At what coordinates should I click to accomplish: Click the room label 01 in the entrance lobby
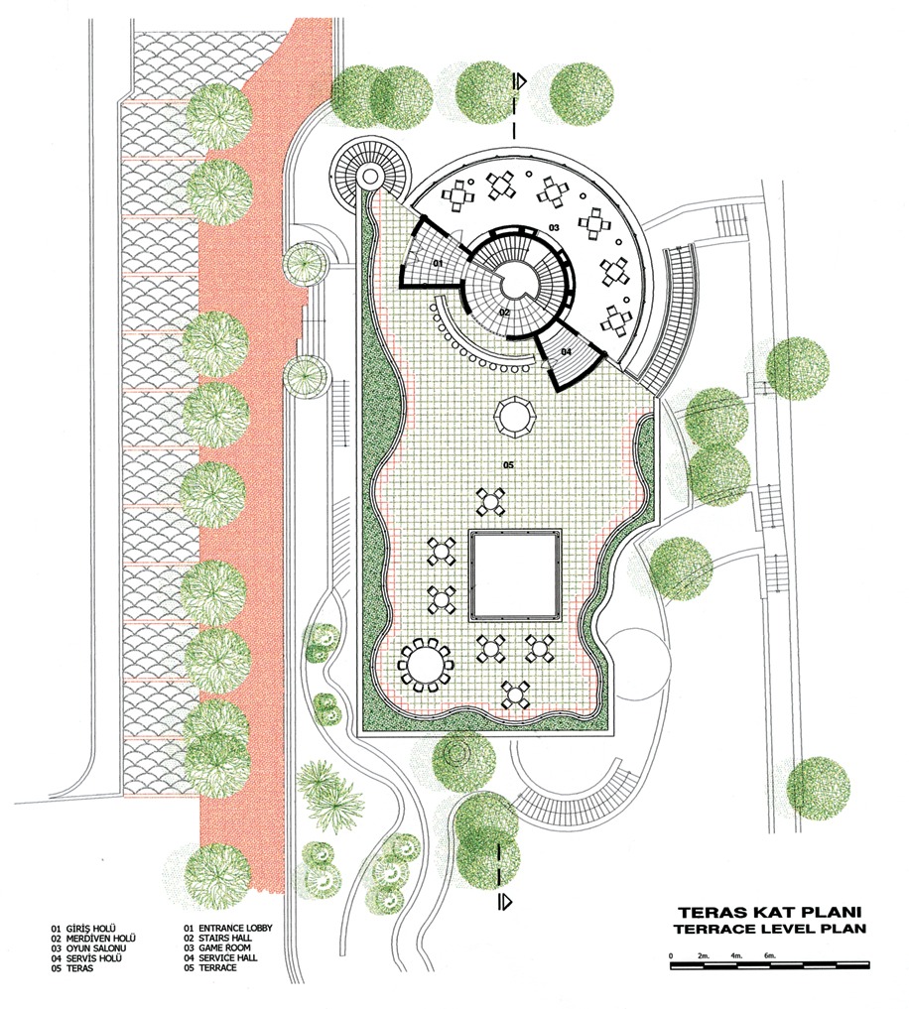(438, 264)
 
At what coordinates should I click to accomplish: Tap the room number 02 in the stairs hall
(504, 313)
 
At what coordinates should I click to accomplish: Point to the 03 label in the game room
(554, 227)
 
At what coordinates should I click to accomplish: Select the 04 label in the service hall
(566, 351)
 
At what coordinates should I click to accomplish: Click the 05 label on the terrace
(508, 464)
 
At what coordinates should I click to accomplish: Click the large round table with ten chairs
(425, 665)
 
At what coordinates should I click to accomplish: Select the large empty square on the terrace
(515, 575)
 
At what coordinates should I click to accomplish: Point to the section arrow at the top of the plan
(520, 81)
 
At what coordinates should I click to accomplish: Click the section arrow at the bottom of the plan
(505, 900)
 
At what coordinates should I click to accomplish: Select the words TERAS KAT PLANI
(769, 912)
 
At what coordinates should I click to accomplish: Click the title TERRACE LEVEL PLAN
(769, 929)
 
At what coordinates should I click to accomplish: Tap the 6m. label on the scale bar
(770, 955)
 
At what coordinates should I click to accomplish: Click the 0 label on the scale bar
(671, 955)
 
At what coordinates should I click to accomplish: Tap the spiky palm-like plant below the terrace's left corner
(329, 793)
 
